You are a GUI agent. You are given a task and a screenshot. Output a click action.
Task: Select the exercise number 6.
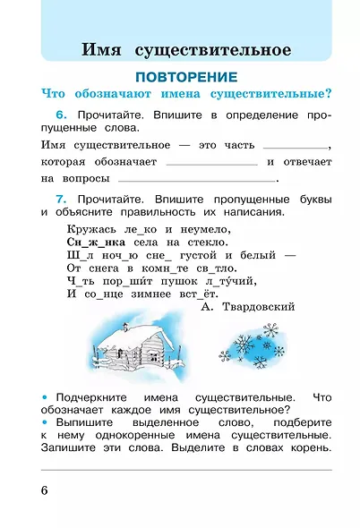point(60,118)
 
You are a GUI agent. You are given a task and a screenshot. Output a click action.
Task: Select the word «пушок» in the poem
point(174,279)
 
